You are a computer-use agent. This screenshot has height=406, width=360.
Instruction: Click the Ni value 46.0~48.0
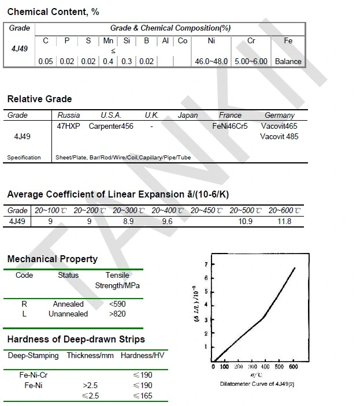tap(211, 61)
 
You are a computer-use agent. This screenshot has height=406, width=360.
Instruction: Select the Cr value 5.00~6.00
tap(251, 61)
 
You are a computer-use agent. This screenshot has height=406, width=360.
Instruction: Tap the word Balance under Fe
tap(288, 61)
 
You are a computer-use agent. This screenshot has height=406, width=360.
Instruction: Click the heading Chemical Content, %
tap(53, 12)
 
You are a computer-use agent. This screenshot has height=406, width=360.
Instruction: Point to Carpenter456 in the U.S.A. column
tap(111, 126)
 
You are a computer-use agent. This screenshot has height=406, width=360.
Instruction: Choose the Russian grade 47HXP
tap(68, 126)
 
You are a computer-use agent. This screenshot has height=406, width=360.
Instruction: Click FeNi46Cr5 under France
tap(230, 126)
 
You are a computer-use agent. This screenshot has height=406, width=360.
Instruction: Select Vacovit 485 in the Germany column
tap(279, 137)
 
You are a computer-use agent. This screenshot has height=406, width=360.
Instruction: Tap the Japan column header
tap(188, 116)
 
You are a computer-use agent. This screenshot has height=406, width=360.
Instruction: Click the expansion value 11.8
tap(284, 221)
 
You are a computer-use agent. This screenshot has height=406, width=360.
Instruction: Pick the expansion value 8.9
tap(128, 221)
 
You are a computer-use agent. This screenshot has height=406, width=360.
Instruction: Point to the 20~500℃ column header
tap(245, 211)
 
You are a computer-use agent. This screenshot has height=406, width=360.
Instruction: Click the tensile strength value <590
tap(117, 304)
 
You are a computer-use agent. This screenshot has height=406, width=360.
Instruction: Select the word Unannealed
tap(68, 314)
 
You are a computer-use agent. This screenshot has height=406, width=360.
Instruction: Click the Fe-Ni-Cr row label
tap(33, 375)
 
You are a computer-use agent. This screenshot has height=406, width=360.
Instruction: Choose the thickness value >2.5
tap(91, 385)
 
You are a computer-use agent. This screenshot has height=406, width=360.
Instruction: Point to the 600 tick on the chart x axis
tap(293, 367)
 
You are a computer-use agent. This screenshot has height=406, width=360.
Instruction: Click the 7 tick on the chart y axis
tap(206, 264)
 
